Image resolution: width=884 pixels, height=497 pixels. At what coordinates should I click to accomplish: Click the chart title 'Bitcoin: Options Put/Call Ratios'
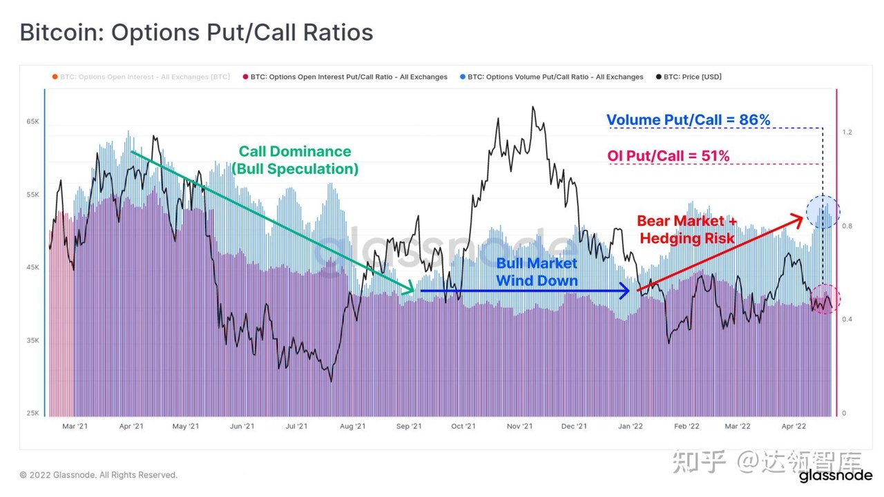pyautogui.click(x=197, y=32)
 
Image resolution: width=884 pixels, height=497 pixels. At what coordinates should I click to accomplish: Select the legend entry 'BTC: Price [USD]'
pyautogui.click(x=689, y=77)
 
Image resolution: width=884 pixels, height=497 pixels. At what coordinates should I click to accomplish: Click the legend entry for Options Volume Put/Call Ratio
pyautogui.click(x=552, y=77)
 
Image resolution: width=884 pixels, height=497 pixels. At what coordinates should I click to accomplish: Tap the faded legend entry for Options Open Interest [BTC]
pyautogui.click(x=141, y=77)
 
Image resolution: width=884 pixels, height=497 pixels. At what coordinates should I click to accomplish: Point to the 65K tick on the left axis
pyautogui.click(x=32, y=121)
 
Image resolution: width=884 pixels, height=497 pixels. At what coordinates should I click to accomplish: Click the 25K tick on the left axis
pyautogui.click(x=32, y=413)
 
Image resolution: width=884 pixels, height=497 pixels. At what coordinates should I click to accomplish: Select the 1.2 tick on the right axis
pyautogui.click(x=847, y=132)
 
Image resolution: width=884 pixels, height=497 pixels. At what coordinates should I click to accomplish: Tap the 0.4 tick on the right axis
pyautogui.click(x=847, y=319)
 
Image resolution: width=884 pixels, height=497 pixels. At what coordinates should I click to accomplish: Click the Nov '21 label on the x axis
pyautogui.click(x=519, y=427)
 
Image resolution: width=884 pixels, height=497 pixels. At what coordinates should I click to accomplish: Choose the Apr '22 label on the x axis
pyautogui.click(x=794, y=427)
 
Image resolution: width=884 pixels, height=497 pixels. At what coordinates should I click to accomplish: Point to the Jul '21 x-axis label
pyautogui.click(x=296, y=427)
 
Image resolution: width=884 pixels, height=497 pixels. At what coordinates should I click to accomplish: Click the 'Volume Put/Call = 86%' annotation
pyautogui.click(x=689, y=120)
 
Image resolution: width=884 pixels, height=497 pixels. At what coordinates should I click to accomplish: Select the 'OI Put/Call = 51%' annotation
pyautogui.click(x=668, y=156)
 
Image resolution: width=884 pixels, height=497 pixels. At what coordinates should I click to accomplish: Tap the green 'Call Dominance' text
pyautogui.click(x=295, y=151)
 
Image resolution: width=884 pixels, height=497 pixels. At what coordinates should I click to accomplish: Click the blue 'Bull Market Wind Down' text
pyautogui.click(x=537, y=272)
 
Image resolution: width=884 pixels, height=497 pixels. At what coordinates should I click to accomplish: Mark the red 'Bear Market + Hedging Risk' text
pyautogui.click(x=686, y=230)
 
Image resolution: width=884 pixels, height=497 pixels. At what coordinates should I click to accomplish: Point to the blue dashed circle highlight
pyautogui.click(x=823, y=195)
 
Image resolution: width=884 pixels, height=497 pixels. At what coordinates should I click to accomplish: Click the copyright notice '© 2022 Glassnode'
pyautogui.click(x=98, y=475)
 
